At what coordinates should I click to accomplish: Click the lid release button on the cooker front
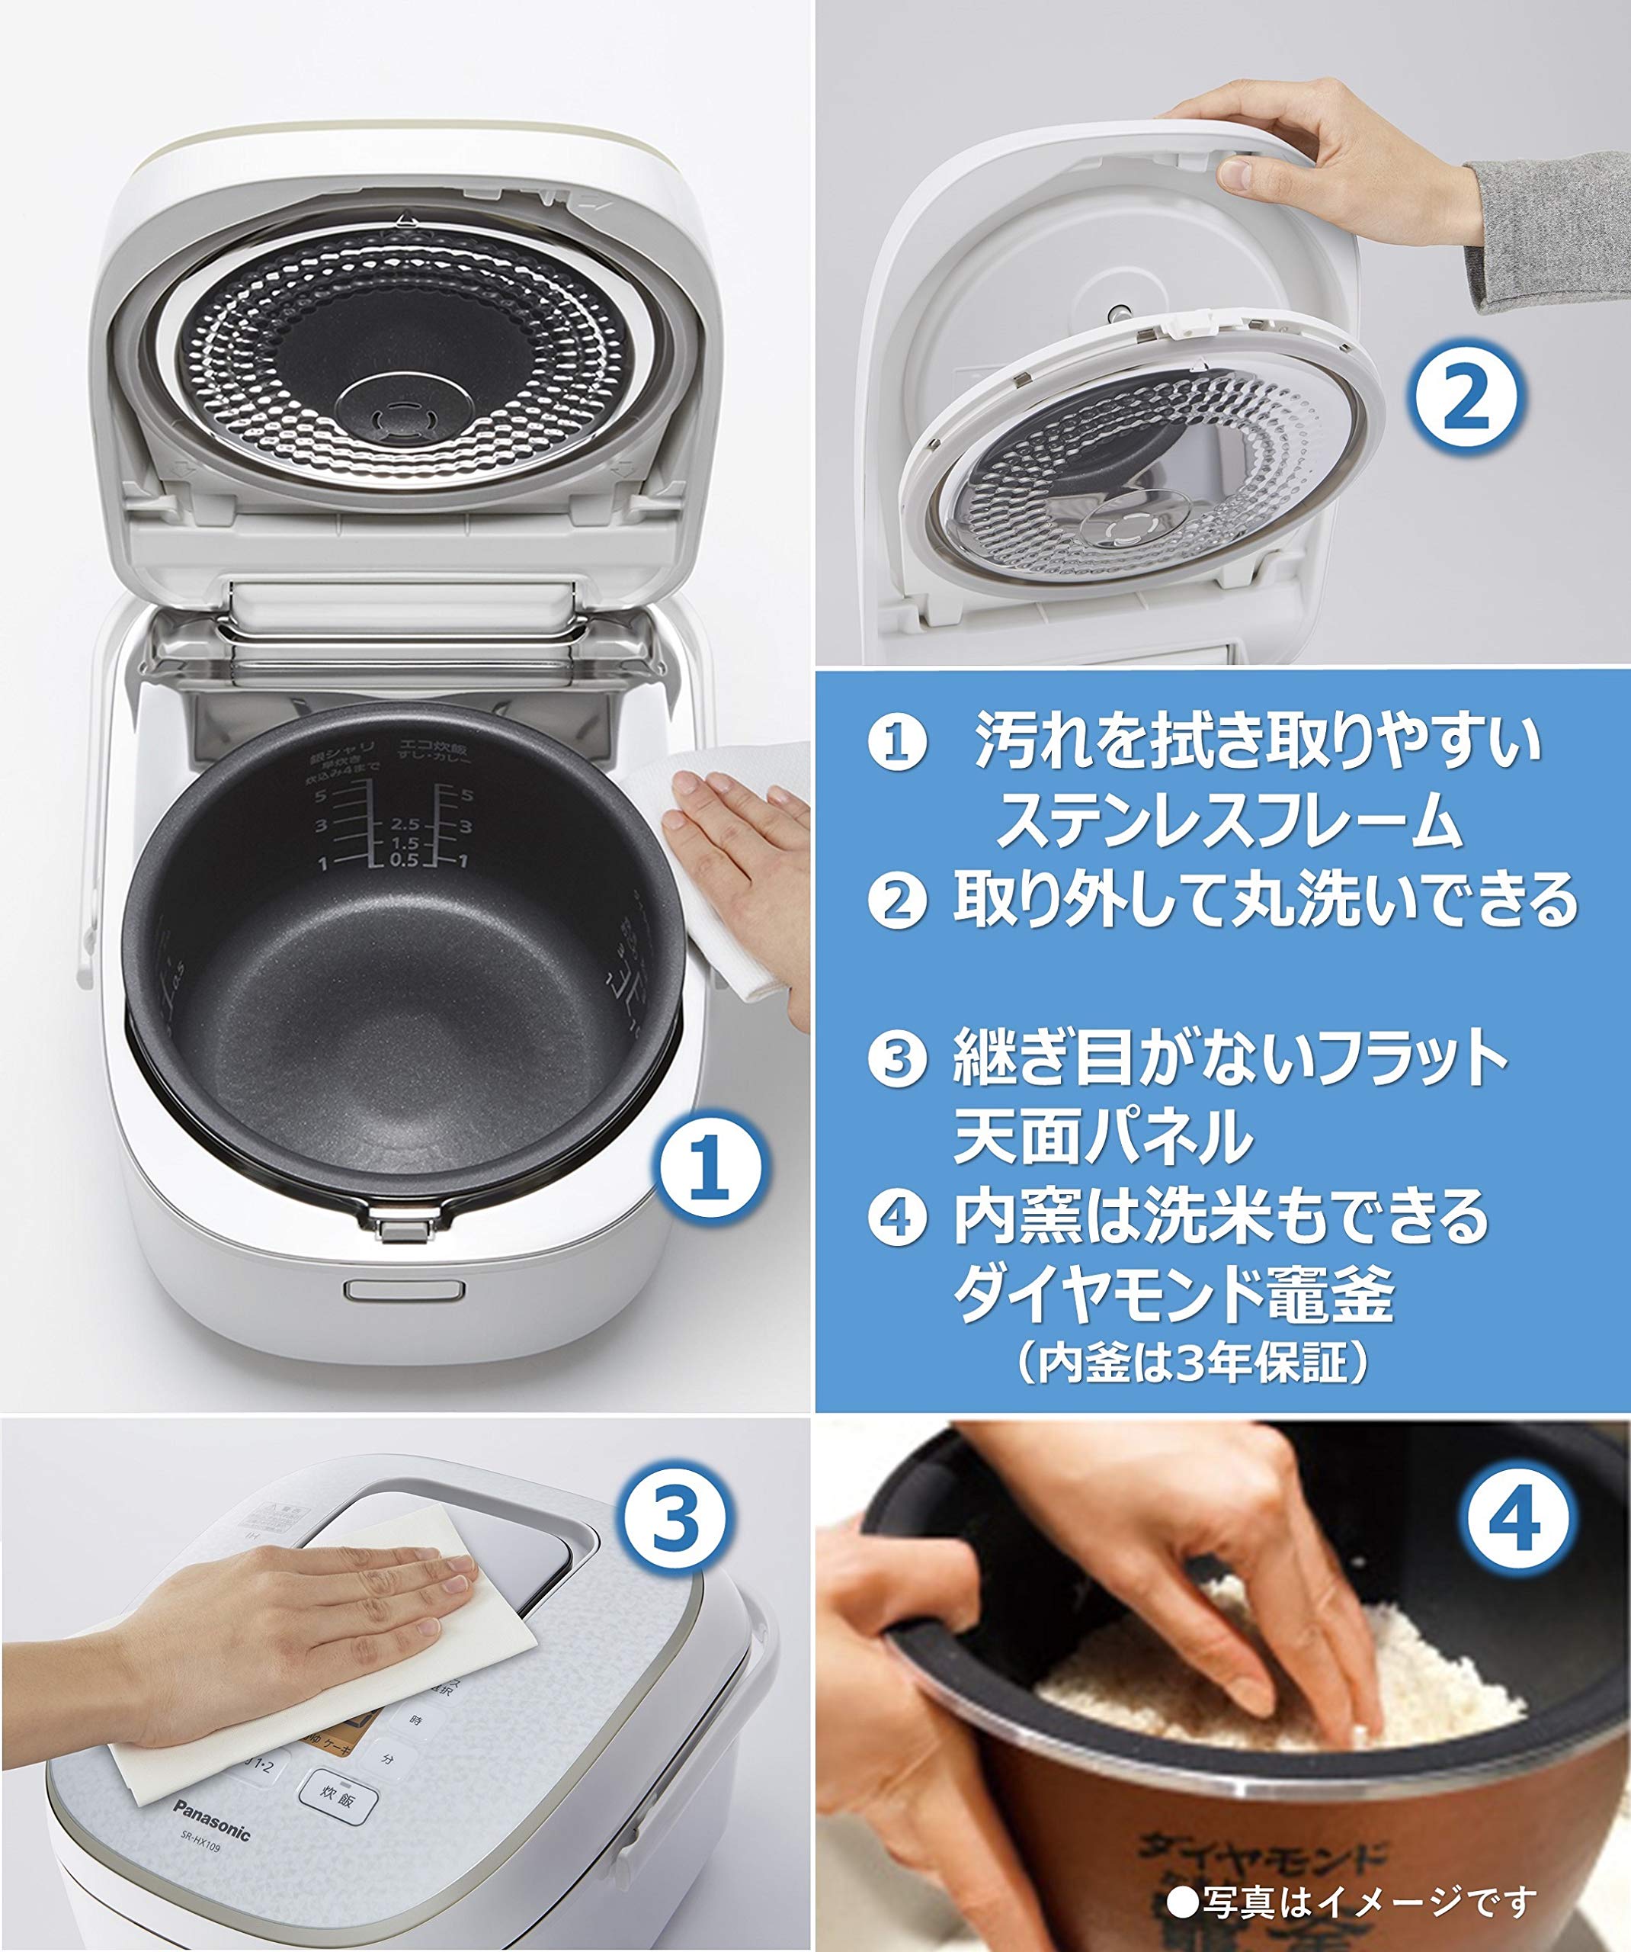[x=404, y=1290]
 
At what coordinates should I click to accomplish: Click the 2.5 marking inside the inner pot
[x=406, y=824]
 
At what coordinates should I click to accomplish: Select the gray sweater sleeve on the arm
[x=1547, y=233]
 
